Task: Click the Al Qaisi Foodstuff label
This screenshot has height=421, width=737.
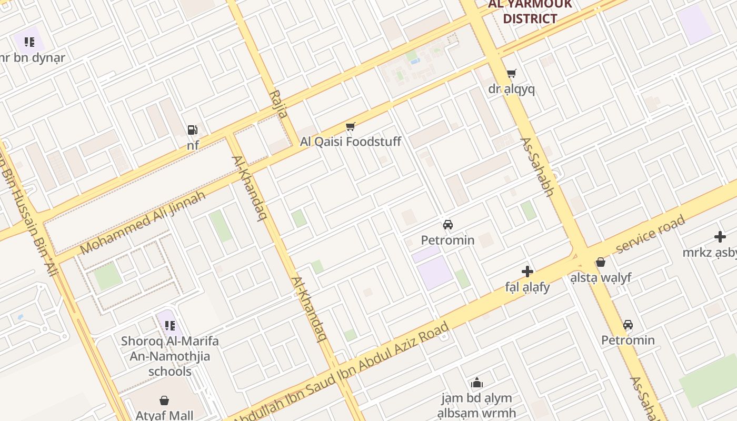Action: [x=351, y=142]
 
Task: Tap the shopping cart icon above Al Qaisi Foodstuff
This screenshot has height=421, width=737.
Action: [x=351, y=127]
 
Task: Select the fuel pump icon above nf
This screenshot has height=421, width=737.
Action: [x=193, y=129]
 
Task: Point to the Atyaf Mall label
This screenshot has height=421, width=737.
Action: [x=164, y=415]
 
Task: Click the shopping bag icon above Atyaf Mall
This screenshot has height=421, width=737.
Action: [x=164, y=400]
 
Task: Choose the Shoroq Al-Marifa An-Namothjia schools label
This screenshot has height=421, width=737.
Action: [x=170, y=356]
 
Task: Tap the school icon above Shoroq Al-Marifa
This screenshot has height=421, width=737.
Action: [x=170, y=326]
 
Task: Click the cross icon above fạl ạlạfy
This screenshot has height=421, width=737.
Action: [x=527, y=272]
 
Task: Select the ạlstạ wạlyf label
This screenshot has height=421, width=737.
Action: [x=601, y=277]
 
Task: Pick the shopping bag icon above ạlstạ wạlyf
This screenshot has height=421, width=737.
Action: [x=601, y=262]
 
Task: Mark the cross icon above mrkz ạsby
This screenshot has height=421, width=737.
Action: [x=720, y=237]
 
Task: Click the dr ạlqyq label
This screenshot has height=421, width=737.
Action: [x=511, y=89]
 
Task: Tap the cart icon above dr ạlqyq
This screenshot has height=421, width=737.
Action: [x=511, y=74]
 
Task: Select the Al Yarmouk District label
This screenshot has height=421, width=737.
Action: [x=530, y=12]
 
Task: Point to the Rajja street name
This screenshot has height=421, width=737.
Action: [x=279, y=104]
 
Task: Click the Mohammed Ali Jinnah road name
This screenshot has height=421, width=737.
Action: [x=143, y=223]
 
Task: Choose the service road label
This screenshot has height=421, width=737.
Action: [x=651, y=234]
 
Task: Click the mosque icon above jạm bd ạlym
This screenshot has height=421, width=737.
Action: [x=477, y=383]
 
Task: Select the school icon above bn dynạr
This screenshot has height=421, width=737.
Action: [x=29, y=42]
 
